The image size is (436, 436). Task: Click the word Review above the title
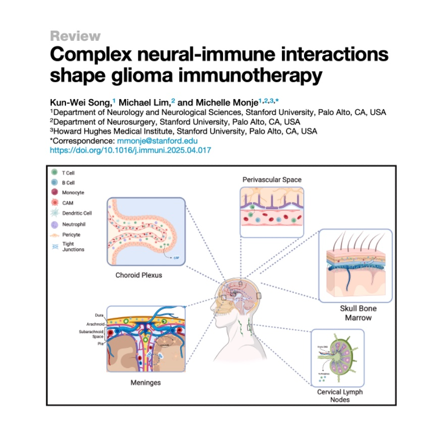click(75, 36)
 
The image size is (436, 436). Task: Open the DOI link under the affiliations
click(130, 150)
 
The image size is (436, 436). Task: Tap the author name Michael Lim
click(146, 102)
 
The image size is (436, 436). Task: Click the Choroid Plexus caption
click(136, 275)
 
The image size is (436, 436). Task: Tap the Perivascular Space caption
click(272, 179)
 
